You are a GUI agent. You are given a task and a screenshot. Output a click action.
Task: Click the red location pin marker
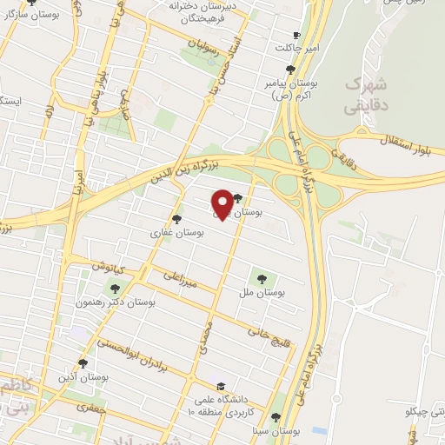222,203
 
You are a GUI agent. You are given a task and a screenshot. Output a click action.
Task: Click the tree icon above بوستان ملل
261,278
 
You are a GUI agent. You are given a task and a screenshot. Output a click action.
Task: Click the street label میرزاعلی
182,279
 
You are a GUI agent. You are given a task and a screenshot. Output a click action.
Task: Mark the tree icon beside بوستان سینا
276,418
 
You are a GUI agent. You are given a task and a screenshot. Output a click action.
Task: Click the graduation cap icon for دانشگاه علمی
220,386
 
